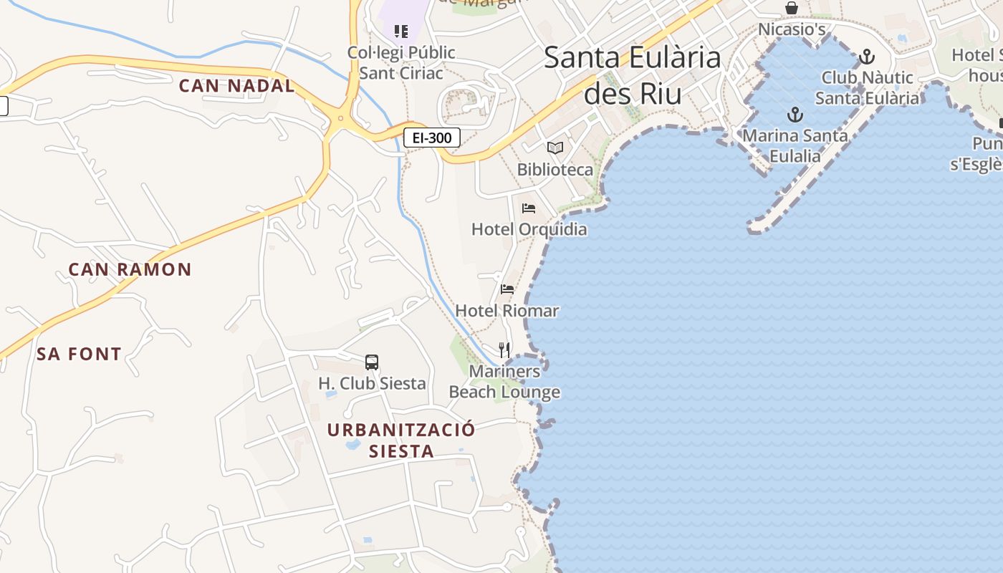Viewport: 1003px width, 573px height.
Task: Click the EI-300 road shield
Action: [x=431, y=138]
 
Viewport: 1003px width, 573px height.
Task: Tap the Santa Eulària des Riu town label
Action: [x=633, y=75]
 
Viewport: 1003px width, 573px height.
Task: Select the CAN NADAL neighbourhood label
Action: [x=236, y=86]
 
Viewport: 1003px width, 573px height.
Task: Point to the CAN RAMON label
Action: [x=130, y=270]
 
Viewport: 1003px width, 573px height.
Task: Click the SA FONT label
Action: [x=79, y=354]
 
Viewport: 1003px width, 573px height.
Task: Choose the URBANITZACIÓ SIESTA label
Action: [x=401, y=440]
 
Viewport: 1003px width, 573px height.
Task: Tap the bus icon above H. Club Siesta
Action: [x=371, y=362]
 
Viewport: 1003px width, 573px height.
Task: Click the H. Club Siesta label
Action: [x=372, y=384]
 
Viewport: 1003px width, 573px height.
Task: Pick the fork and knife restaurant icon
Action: [x=504, y=350]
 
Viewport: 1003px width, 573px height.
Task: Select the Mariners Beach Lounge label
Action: [x=504, y=382]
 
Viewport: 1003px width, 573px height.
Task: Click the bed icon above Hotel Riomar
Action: [x=507, y=289]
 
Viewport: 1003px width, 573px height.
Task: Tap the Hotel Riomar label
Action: [x=507, y=311]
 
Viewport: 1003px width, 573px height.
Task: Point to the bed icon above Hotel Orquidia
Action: [x=529, y=208]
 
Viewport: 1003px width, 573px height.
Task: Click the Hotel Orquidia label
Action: [x=529, y=229]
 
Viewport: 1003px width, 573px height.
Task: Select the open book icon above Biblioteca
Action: [x=555, y=148]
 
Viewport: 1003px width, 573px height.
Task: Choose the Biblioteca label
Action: [x=555, y=170]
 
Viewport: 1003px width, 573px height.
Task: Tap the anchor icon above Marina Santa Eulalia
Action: [x=795, y=115]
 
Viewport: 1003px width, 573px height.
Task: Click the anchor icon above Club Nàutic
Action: [x=867, y=57]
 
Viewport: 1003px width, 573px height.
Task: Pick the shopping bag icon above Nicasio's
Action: [x=792, y=8]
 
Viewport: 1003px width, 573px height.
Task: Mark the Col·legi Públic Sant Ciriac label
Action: [x=401, y=62]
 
